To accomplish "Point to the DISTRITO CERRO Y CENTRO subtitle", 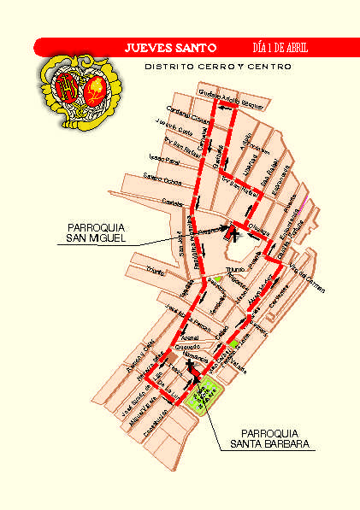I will (218, 66).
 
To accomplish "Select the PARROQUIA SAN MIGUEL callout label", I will (96, 232).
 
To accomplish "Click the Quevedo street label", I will (188, 348).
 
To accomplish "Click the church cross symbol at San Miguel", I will (234, 227).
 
